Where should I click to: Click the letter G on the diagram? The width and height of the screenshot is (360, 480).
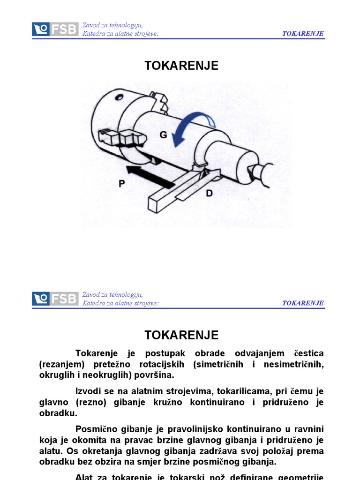coord(163,135)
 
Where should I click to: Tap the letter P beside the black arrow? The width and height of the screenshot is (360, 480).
coord(122,184)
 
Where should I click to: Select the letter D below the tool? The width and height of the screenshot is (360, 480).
coord(209,193)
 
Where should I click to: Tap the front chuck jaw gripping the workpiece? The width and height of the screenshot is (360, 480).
coord(121,138)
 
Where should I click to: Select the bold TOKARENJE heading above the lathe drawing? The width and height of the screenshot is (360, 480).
coord(181,66)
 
